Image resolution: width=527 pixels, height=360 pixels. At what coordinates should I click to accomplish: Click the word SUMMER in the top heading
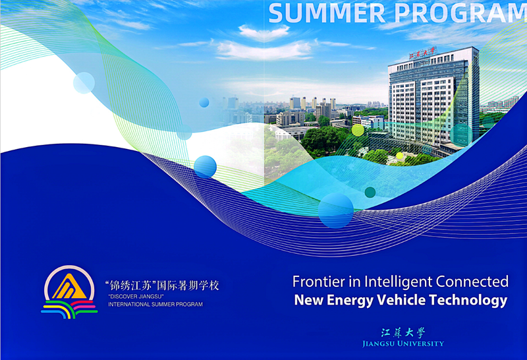327,13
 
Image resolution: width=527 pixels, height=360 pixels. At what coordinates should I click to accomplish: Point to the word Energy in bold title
350,301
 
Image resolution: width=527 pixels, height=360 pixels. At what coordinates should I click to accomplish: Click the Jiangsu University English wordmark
403,344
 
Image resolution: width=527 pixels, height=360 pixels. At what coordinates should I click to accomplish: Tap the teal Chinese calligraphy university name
403,333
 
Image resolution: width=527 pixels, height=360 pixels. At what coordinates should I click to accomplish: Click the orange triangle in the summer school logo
69,287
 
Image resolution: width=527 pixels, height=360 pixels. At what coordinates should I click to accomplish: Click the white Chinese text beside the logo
162,285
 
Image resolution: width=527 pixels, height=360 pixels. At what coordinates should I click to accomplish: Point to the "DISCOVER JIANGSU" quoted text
136,297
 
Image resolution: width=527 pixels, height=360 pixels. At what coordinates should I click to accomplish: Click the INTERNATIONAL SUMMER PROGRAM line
155,304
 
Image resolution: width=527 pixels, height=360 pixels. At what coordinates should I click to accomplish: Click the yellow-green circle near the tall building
358,130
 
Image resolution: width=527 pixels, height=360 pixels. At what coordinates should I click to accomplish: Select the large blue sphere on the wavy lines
336,210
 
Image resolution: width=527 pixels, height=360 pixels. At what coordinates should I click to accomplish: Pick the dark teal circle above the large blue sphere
370,192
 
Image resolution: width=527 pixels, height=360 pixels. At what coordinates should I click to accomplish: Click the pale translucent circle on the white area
84,83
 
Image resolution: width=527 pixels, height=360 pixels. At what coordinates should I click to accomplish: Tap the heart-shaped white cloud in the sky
264,32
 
